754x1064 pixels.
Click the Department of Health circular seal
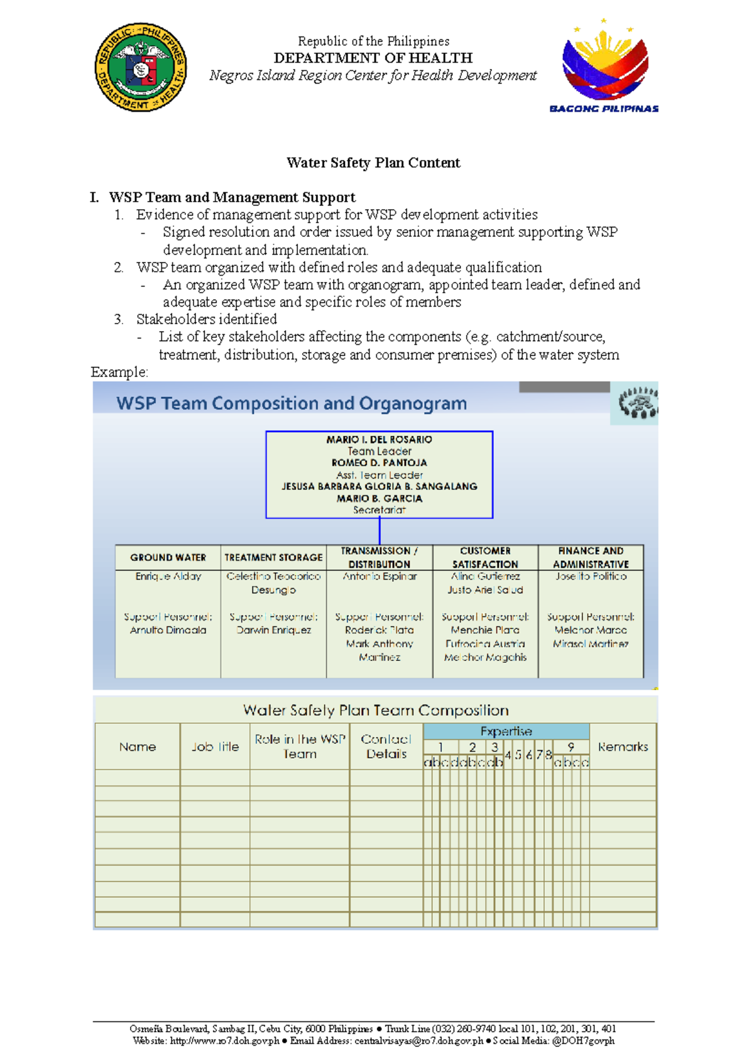141,68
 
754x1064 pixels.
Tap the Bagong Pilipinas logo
604,66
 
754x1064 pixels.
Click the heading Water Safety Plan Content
373,163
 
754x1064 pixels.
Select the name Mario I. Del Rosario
379,440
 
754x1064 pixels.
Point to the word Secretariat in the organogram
379,510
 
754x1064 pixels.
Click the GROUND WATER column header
168,557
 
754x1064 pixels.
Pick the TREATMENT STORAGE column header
273,557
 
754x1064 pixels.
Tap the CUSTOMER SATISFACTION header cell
485,557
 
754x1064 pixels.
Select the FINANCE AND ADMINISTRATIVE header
591,557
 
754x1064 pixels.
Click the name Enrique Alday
168,576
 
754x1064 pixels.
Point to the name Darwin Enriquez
273,630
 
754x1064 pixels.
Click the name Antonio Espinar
380,576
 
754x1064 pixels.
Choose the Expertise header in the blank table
506,731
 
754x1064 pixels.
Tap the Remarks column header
623,747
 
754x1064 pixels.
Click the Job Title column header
215,747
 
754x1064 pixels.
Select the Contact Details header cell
386,747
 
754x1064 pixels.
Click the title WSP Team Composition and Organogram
292,403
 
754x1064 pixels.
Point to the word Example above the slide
119,372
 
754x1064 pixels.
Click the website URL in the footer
224,1041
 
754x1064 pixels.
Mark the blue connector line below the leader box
380,531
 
